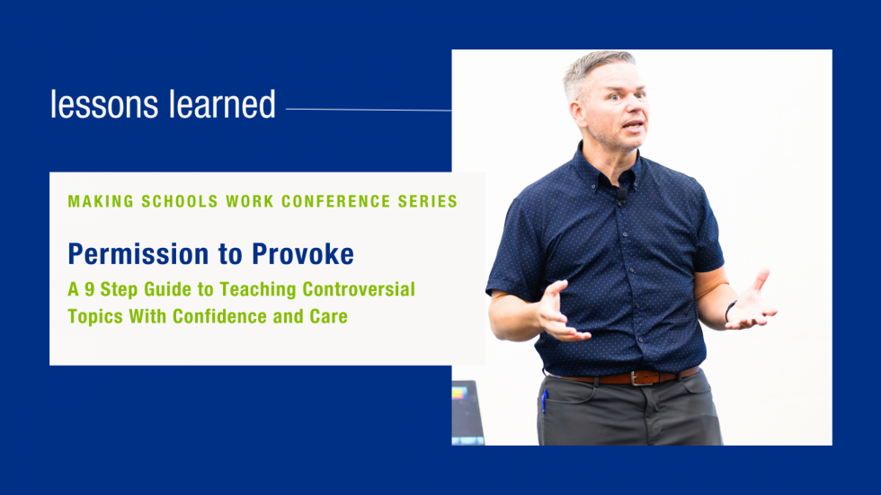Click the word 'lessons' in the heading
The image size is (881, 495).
[104, 104]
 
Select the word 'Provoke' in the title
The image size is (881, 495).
[303, 254]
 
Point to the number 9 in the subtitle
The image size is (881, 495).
[89, 289]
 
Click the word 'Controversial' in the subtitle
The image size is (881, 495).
[359, 289]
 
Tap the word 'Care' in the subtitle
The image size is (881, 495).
[329, 316]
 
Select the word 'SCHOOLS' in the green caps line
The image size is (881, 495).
[180, 201]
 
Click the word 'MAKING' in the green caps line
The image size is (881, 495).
[101, 201]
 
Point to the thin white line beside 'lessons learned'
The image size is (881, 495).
[369, 110]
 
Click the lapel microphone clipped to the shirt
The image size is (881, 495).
[622, 195]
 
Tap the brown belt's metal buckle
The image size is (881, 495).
[636, 377]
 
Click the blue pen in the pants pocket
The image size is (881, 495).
[545, 401]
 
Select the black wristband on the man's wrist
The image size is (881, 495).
[729, 311]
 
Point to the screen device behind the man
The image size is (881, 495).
[467, 412]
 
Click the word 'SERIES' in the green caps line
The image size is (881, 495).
[428, 201]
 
